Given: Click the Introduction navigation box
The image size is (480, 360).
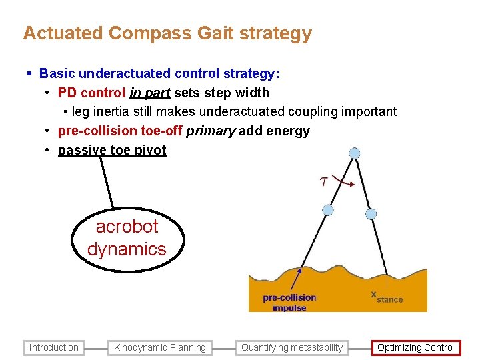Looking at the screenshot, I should [x=54, y=347].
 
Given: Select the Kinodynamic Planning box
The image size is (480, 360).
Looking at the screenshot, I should [x=160, y=347].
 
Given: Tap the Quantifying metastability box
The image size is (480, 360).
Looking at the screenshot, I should [x=292, y=347].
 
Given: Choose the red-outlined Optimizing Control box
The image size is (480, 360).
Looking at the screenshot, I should [x=415, y=347].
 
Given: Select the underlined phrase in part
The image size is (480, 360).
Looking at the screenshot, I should [x=149, y=93].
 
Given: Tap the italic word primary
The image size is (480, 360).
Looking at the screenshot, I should [x=211, y=131].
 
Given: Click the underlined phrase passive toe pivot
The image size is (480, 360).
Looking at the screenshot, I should [x=112, y=150].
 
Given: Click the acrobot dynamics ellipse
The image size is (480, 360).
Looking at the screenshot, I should [x=127, y=238].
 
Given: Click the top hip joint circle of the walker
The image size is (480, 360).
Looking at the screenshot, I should [x=355, y=153].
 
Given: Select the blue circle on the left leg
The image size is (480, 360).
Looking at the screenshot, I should [x=328, y=210].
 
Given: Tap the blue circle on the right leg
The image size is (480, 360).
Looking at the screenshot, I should [x=371, y=214].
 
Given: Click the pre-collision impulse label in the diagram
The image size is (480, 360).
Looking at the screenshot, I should [x=289, y=303].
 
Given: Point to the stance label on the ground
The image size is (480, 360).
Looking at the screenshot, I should [x=388, y=298].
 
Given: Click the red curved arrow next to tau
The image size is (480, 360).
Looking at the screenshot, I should [x=345, y=179].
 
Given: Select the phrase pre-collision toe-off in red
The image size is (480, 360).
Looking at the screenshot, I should [x=120, y=131].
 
